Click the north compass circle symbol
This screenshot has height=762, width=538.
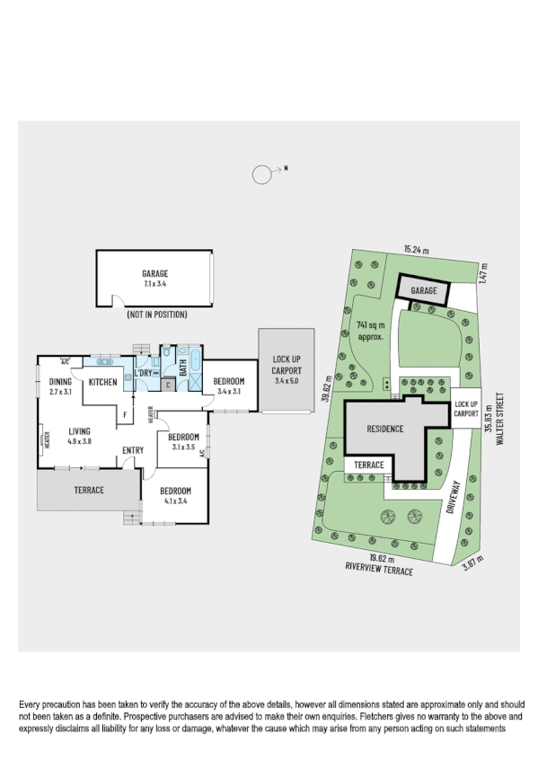pyautogui.click(x=261, y=174)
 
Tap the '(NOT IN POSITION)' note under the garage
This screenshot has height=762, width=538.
pyautogui.click(x=154, y=315)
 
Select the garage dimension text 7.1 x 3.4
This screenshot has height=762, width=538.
pyautogui.click(x=154, y=284)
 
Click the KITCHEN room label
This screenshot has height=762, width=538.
pyautogui.click(x=103, y=383)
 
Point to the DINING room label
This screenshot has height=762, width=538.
pyautogui.click(x=60, y=382)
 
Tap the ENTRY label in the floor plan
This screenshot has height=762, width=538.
pyautogui.click(x=135, y=451)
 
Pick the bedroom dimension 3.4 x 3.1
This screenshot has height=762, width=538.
pyautogui.click(x=228, y=392)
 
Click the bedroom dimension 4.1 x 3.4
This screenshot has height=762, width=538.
pyautogui.click(x=174, y=502)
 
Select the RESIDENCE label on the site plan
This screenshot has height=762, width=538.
pyautogui.click(x=384, y=430)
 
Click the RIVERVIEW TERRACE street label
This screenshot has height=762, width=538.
pyautogui.click(x=378, y=570)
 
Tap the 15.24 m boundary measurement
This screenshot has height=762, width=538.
pyautogui.click(x=417, y=249)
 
